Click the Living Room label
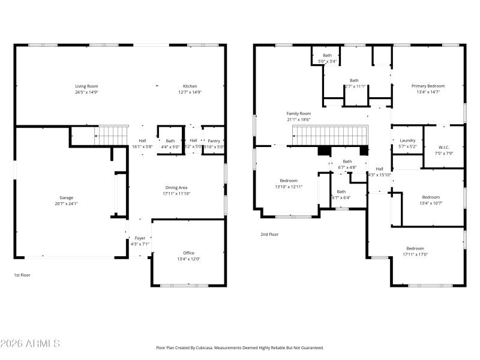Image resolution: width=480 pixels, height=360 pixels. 86,86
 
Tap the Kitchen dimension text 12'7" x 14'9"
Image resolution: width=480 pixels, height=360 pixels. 190,92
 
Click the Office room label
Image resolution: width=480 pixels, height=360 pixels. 188,253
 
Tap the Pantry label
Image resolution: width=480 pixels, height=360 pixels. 214,140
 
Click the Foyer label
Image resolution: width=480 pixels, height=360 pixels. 139,238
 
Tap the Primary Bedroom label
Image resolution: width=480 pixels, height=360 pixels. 428,86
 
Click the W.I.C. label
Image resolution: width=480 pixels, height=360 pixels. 444,147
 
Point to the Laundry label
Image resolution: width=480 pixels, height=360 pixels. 407,140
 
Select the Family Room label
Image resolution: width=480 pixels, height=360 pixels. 298,113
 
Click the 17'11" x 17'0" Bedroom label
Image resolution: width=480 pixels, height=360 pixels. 415,248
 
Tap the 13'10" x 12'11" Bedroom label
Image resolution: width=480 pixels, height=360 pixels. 289,181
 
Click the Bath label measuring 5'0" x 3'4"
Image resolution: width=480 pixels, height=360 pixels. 327,55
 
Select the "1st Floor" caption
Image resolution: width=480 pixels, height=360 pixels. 22,275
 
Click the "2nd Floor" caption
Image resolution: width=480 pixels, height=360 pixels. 269,235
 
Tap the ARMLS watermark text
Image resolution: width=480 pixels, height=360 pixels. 30,344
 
